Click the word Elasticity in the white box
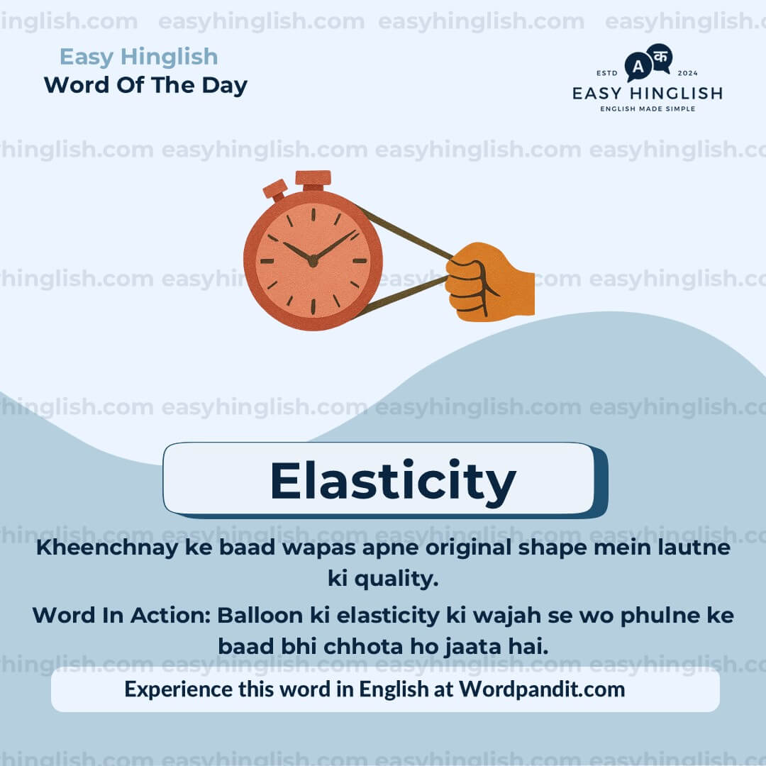click(392, 482)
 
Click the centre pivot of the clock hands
click(313, 260)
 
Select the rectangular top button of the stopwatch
click(313, 178)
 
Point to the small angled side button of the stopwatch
click(275, 189)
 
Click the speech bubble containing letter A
click(638, 67)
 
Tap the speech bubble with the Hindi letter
click(660, 56)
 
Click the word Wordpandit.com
click(542, 689)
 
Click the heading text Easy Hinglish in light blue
click(138, 57)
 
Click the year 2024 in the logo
click(689, 73)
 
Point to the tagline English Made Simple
click(648, 109)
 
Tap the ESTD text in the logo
click(606, 73)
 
